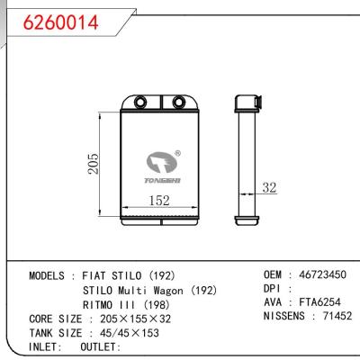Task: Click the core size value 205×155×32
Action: [133, 318]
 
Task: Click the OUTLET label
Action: [100, 346]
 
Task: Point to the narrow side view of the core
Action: [244, 162]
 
